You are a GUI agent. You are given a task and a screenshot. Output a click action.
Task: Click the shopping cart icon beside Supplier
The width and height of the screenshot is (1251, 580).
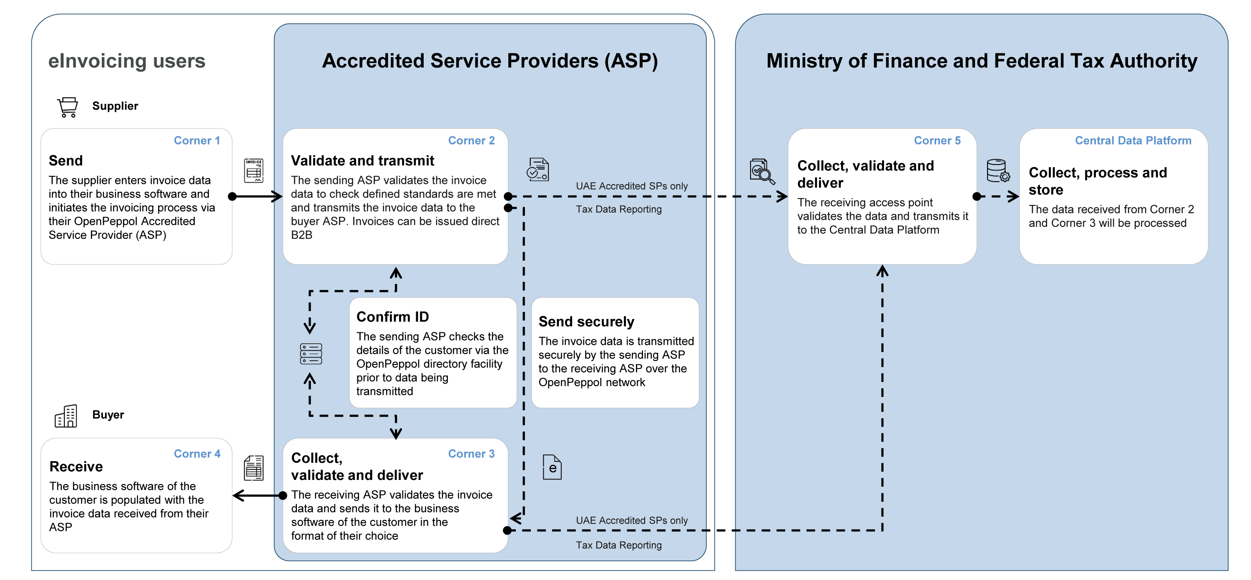click(68, 107)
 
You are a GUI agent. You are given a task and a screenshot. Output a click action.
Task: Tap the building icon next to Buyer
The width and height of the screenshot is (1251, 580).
click(66, 416)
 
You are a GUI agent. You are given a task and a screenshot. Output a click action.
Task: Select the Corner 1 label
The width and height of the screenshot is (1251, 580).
click(197, 141)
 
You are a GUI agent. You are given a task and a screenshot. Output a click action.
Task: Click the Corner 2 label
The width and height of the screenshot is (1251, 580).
click(471, 141)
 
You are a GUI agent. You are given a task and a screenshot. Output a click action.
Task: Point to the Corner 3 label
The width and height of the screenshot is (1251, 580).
click(471, 454)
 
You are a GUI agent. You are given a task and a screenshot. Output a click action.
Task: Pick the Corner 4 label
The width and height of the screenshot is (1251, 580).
click(197, 454)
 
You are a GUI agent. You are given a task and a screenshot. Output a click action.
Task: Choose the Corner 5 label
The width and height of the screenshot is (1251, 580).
click(937, 141)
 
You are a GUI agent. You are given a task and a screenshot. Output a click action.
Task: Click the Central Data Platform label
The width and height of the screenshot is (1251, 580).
click(1133, 141)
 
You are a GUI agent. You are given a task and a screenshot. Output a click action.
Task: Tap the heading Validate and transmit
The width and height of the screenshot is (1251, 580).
click(362, 161)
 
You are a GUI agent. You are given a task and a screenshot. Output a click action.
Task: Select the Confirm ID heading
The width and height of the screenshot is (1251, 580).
click(392, 317)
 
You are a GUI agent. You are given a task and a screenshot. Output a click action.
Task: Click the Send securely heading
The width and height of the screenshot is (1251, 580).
click(586, 321)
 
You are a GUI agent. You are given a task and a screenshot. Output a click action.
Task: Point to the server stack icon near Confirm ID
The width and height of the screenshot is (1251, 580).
click(311, 354)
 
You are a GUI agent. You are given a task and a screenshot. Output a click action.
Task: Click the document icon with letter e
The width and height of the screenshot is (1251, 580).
click(552, 467)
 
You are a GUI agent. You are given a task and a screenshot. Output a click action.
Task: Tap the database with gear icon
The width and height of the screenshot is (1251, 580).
click(997, 171)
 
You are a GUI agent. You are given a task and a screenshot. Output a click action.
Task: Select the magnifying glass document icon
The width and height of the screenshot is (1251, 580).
click(761, 171)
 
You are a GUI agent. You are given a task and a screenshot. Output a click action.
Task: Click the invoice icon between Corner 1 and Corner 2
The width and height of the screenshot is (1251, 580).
click(254, 171)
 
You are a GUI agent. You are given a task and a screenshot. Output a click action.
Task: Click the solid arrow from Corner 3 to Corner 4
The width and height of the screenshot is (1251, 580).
click(257, 495)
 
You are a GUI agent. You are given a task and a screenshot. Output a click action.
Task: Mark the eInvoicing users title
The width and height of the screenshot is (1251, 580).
click(127, 61)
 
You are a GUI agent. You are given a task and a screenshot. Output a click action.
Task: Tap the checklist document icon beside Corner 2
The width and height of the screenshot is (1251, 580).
click(538, 170)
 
